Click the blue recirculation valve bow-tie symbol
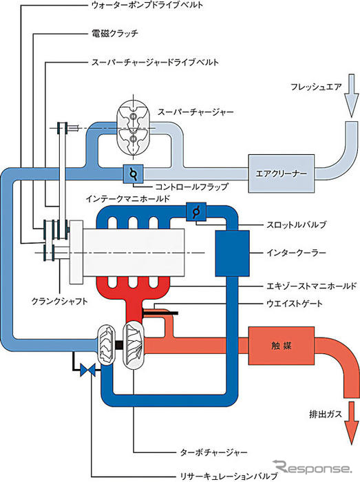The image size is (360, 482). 88,370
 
